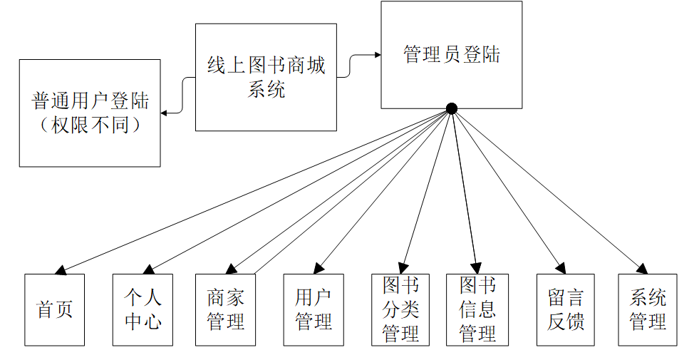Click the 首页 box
coord(54,309)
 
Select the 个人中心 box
coord(143,309)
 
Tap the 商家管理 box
coord(225,309)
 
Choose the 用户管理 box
coord(314,309)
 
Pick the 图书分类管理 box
coord(400,309)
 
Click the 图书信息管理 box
coord(477,309)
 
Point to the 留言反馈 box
coord(566,309)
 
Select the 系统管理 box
coord(648,309)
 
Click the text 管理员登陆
coord(452,55)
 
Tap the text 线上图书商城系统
coord(266,77)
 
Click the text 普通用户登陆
coord(90,101)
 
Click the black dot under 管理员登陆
coord(451,108)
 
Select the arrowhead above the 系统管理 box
coord(642,269)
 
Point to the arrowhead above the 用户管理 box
coord(319,269)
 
